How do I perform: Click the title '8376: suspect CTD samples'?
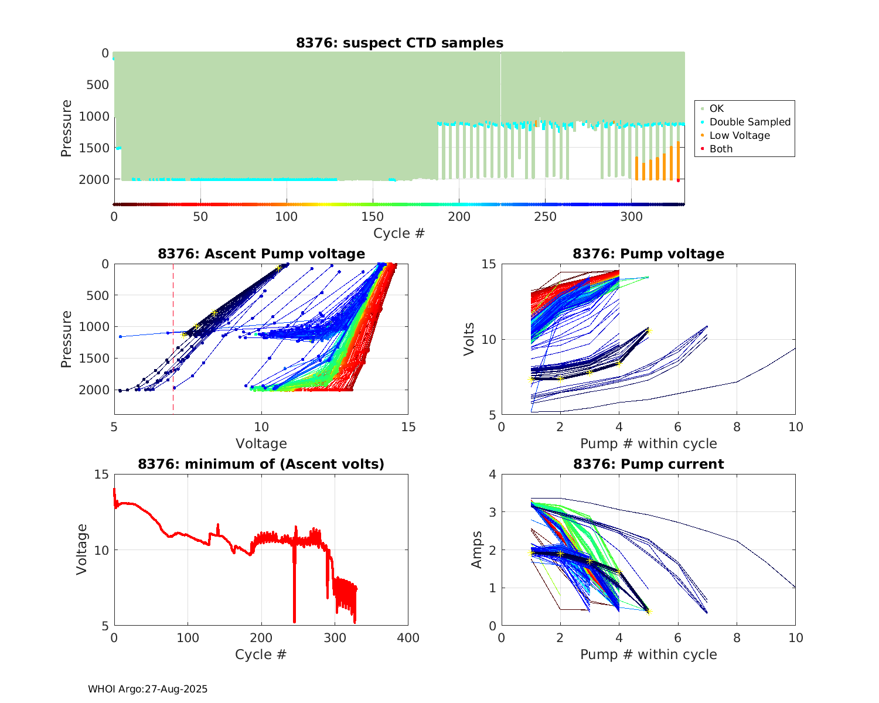tap(399, 43)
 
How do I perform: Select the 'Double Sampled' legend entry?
tap(749, 122)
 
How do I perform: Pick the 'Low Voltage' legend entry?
tap(740, 135)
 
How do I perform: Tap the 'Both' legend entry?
tap(721, 149)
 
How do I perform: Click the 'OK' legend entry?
tap(716, 108)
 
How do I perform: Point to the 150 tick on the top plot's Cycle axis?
tap(373, 217)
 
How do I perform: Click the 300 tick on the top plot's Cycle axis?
tap(632, 217)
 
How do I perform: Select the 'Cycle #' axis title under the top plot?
tap(399, 233)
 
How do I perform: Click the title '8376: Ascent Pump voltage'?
tap(261, 254)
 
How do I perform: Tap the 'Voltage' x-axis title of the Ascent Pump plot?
tap(261, 443)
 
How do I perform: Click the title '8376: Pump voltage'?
tap(648, 254)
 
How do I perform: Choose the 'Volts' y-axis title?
tap(469, 340)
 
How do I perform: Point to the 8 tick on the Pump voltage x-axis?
tap(737, 427)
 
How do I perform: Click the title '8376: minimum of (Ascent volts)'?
tap(261, 464)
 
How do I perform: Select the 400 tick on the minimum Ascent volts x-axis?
tap(408, 638)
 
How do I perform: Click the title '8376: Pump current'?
tap(648, 464)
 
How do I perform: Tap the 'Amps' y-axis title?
tap(477, 550)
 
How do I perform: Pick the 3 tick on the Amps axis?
tap(493, 513)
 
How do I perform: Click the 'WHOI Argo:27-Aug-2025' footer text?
tap(148, 689)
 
